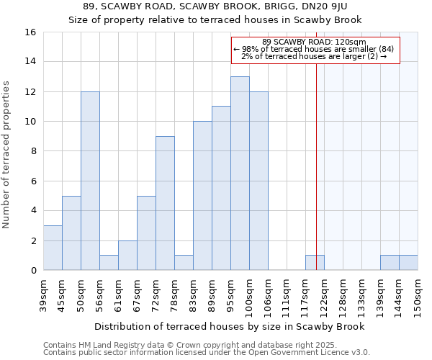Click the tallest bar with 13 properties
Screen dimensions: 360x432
coord(240,174)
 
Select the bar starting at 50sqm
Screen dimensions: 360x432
coord(90,181)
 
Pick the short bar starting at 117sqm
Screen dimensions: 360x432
coord(315,263)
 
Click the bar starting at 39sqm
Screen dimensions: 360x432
coord(53,248)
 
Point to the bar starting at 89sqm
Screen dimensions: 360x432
coord(221,188)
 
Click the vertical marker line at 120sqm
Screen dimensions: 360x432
coord(317,166)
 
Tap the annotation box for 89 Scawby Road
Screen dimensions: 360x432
coord(315,50)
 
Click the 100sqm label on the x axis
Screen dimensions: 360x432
coord(250,295)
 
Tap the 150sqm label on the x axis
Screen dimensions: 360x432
coord(418,295)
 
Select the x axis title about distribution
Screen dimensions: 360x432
coord(230,326)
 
